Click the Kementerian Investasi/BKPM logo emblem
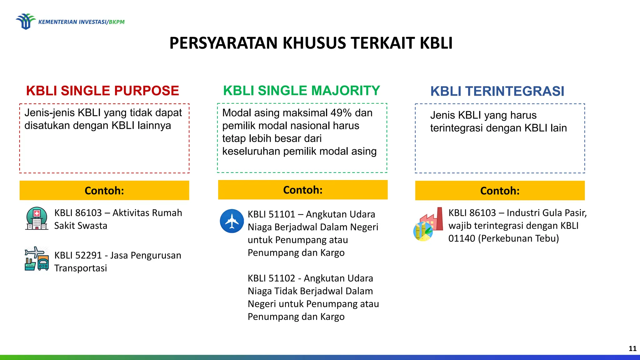coord(25,21)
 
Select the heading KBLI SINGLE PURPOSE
coord(102,91)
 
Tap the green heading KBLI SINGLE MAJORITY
coord(302,91)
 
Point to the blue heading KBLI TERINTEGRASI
coord(497,91)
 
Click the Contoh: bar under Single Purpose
coord(104,190)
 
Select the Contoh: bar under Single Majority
coord(302,190)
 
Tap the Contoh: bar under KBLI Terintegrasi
coord(500,191)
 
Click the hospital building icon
coord(37,218)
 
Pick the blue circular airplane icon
coord(232,221)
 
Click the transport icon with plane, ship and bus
coord(37,259)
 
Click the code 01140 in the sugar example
coord(462,238)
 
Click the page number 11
coord(632,348)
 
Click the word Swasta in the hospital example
coord(92,226)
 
